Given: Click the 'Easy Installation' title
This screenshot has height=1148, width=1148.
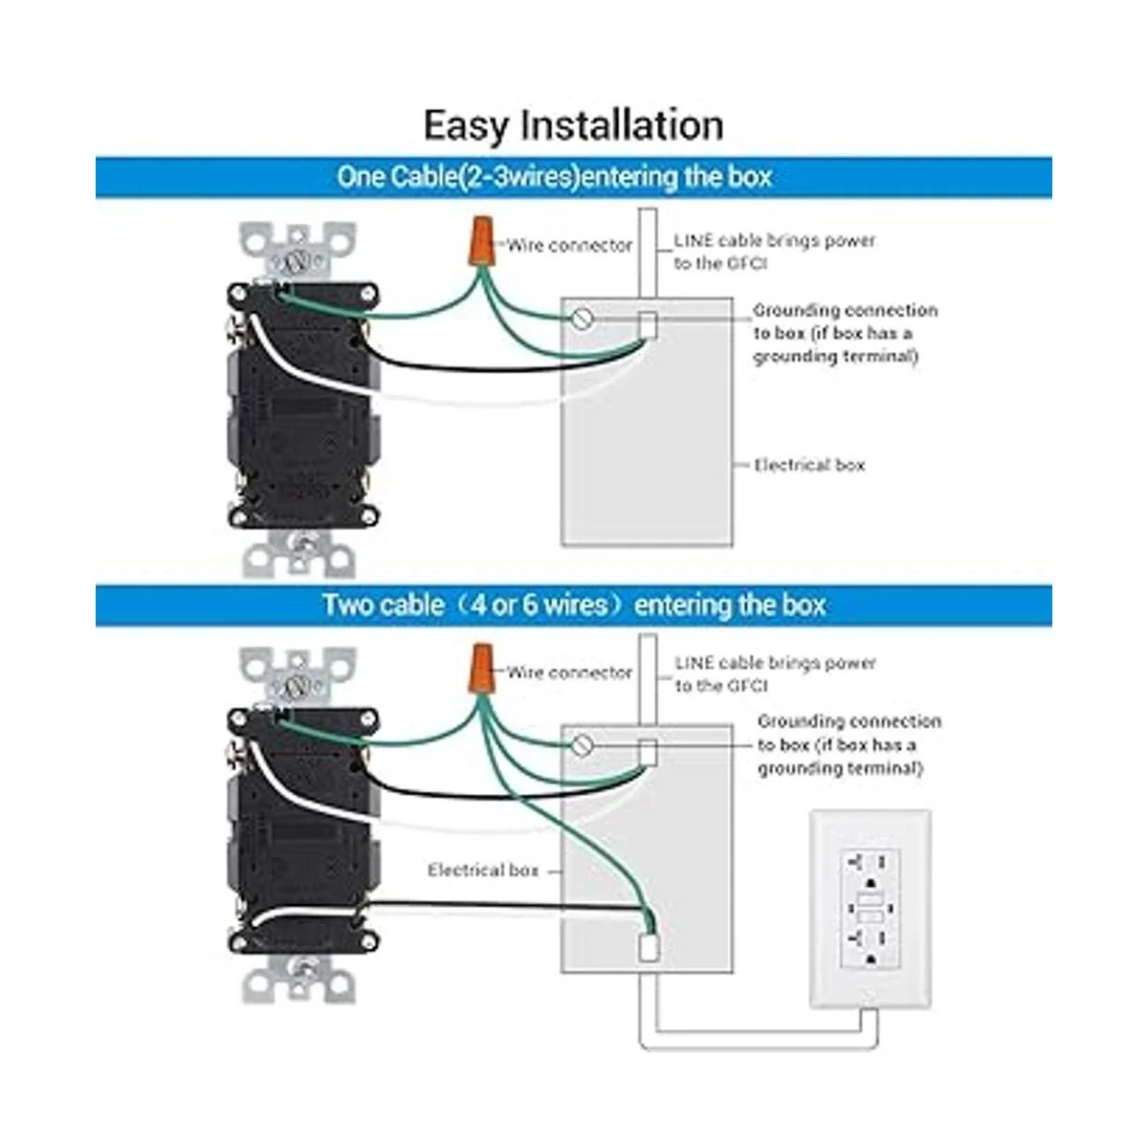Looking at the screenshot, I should click(x=573, y=125).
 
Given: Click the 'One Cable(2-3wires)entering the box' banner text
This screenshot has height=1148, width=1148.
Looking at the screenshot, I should click(x=554, y=177).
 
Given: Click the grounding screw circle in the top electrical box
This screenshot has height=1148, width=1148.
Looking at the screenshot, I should click(x=582, y=319).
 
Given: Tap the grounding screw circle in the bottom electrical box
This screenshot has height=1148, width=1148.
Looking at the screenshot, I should click(x=582, y=744).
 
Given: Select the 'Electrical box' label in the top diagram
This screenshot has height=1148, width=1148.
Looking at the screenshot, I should click(x=809, y=465).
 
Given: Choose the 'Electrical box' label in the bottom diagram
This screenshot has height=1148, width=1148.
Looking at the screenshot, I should click(x=483, y=870).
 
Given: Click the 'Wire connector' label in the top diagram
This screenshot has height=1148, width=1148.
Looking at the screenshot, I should click(x=570, y=246).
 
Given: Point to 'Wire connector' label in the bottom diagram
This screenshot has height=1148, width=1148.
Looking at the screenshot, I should click(x=570, y=673).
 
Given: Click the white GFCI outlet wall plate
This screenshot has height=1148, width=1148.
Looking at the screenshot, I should click(x=870, y=909).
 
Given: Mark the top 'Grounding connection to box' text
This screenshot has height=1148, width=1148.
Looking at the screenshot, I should click(x=845, y=333).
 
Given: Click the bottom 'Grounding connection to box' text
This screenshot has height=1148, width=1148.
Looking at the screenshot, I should click(x=849, y=744).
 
